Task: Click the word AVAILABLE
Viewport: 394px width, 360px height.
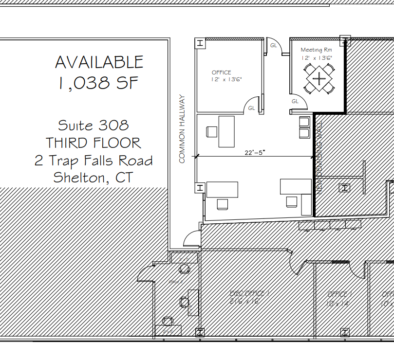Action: (99, 62)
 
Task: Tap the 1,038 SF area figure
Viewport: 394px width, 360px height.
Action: (99, 83)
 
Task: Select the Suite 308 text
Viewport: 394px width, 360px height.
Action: (94, 125)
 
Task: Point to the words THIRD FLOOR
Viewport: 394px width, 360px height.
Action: (94, 143)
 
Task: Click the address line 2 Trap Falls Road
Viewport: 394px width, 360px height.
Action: (94, 161)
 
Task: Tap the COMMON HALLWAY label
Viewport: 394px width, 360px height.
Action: (183, 129)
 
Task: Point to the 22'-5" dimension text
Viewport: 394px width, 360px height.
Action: (255, 152)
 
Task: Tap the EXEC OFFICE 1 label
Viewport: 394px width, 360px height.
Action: (248, 294)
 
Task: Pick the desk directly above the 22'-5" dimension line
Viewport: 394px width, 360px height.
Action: (226, 131)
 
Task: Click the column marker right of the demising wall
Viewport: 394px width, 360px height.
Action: (345, 187)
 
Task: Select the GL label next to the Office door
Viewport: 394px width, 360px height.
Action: (252, 108)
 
